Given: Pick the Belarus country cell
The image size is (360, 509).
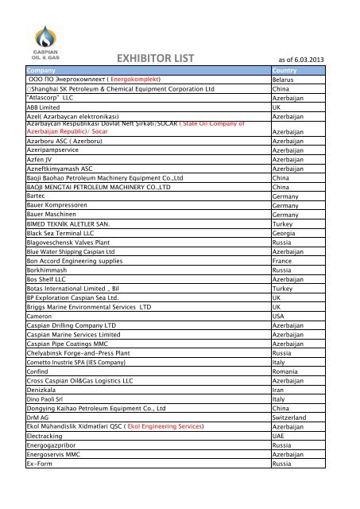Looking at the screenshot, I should click(283, 80).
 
